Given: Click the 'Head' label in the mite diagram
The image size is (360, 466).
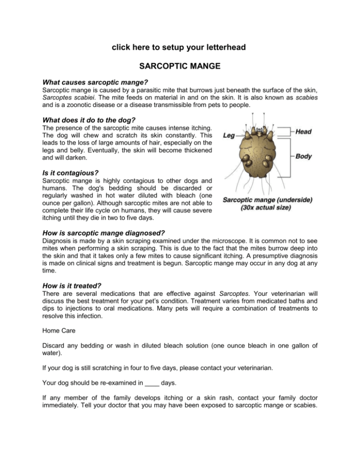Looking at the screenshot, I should click(x=304, y=133).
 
